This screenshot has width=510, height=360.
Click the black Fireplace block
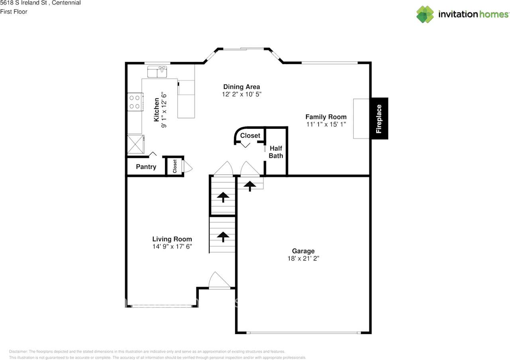coord(379,118)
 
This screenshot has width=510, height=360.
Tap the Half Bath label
coord(276,152)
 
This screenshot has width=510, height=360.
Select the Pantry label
coord(146,167)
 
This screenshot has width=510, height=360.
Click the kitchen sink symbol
coord(157,72)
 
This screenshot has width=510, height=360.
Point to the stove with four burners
coord(135,101)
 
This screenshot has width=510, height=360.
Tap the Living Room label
coord(172,239)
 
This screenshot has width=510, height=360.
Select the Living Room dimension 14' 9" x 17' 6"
coord(172,246)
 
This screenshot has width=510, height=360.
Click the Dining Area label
coord(241,87)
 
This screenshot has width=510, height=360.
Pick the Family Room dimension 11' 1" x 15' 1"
coord(326,124)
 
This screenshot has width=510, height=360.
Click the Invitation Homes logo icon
coord(425,14)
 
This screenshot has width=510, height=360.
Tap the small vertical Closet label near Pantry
coord(175,167)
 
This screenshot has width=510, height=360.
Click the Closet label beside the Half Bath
coord(250,136)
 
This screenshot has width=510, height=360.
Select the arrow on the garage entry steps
coord(250,185)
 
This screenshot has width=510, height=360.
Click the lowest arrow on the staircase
coord(223,237)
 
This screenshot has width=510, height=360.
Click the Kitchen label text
coord(157,110)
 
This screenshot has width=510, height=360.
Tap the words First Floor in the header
coord(14,12)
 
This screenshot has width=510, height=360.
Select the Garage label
coord(303,251)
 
